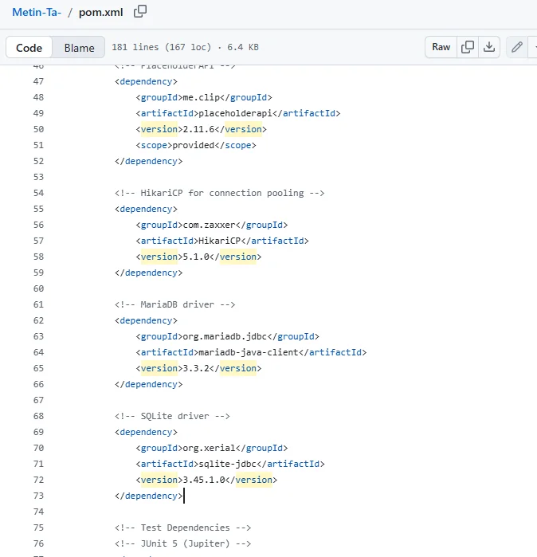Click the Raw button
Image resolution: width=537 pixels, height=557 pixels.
tap(441, 47)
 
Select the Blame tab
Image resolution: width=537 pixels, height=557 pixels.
tap(79, 48)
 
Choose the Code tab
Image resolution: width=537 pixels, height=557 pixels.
tap(29, 48)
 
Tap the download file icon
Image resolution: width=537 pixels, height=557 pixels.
tap(489, 47)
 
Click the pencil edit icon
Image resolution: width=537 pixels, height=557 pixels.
tap(517, 47)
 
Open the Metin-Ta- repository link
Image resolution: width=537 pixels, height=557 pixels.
tap(37, 12)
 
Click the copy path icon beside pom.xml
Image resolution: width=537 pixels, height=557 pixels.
tap(140, 11)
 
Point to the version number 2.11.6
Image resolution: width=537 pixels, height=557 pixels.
tap(198, 129)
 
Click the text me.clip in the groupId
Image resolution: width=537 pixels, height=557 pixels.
tap(201, 97)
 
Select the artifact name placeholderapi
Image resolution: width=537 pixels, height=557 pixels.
tap(235, 113)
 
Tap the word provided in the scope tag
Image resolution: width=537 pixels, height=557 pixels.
tap(193, 145)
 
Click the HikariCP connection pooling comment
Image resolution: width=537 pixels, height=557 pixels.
tap(219, 193)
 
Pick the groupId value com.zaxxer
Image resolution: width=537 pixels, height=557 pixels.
tap(209, 225)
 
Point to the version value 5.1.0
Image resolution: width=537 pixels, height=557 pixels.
tap(196, 257)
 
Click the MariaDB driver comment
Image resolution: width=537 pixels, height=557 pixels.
tap(174, 304)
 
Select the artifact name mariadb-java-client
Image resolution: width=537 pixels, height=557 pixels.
tap(249, 352)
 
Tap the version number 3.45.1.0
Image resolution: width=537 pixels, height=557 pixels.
tap(204, 480)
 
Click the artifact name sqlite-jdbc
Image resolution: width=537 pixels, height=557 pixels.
tap(227, 464)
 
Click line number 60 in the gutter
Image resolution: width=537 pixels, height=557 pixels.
tap(38, 288)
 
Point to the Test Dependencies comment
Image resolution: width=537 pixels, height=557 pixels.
tap(182, 528)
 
